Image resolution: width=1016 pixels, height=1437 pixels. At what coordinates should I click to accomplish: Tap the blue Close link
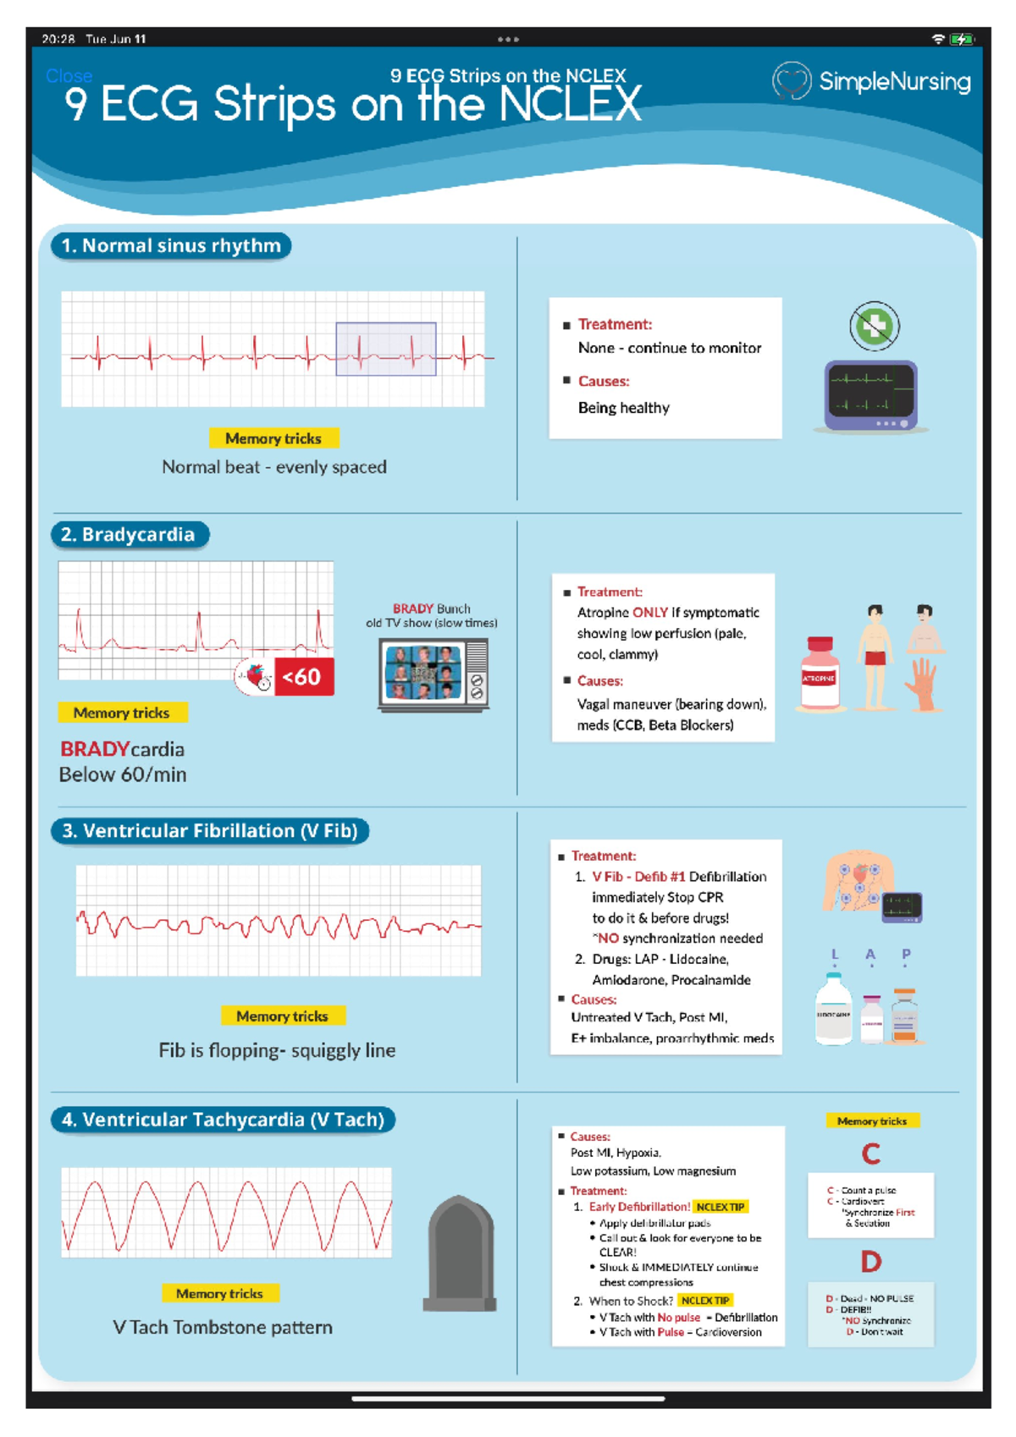[69, 76]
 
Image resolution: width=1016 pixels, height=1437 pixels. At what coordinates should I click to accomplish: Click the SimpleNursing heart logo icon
[792, 81]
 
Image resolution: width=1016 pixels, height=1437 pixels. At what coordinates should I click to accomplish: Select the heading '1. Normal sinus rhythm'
[171, 246]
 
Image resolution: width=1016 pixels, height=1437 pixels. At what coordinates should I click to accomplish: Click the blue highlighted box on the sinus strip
[386, 349]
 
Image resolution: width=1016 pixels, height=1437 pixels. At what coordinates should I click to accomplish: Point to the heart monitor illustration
[871, 395]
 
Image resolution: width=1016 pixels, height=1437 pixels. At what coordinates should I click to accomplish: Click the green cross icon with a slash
[874, 326]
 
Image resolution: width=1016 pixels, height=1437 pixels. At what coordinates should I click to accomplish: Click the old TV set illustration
[433, 674]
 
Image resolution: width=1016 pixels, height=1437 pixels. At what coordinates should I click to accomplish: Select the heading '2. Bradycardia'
[129, 535]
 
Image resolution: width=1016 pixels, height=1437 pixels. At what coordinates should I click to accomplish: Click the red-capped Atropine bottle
[819, 674]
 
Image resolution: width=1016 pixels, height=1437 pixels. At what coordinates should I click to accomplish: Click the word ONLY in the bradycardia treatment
[650, 613]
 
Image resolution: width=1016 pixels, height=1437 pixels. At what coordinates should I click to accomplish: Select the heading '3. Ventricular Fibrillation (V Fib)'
[210, 831]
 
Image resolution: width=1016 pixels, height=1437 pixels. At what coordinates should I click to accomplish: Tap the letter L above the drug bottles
[835, 955]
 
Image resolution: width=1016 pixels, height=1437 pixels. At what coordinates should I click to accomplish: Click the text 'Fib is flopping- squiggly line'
[277, 1050]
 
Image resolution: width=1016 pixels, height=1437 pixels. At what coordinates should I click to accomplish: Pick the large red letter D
[871, 1263]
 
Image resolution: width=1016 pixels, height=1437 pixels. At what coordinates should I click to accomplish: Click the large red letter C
[871, 1153]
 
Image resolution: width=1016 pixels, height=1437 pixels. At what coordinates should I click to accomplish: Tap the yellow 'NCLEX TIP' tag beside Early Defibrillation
[721, 1207]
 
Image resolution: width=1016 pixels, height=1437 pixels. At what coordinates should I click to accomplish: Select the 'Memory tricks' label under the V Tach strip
[219, 1293]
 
